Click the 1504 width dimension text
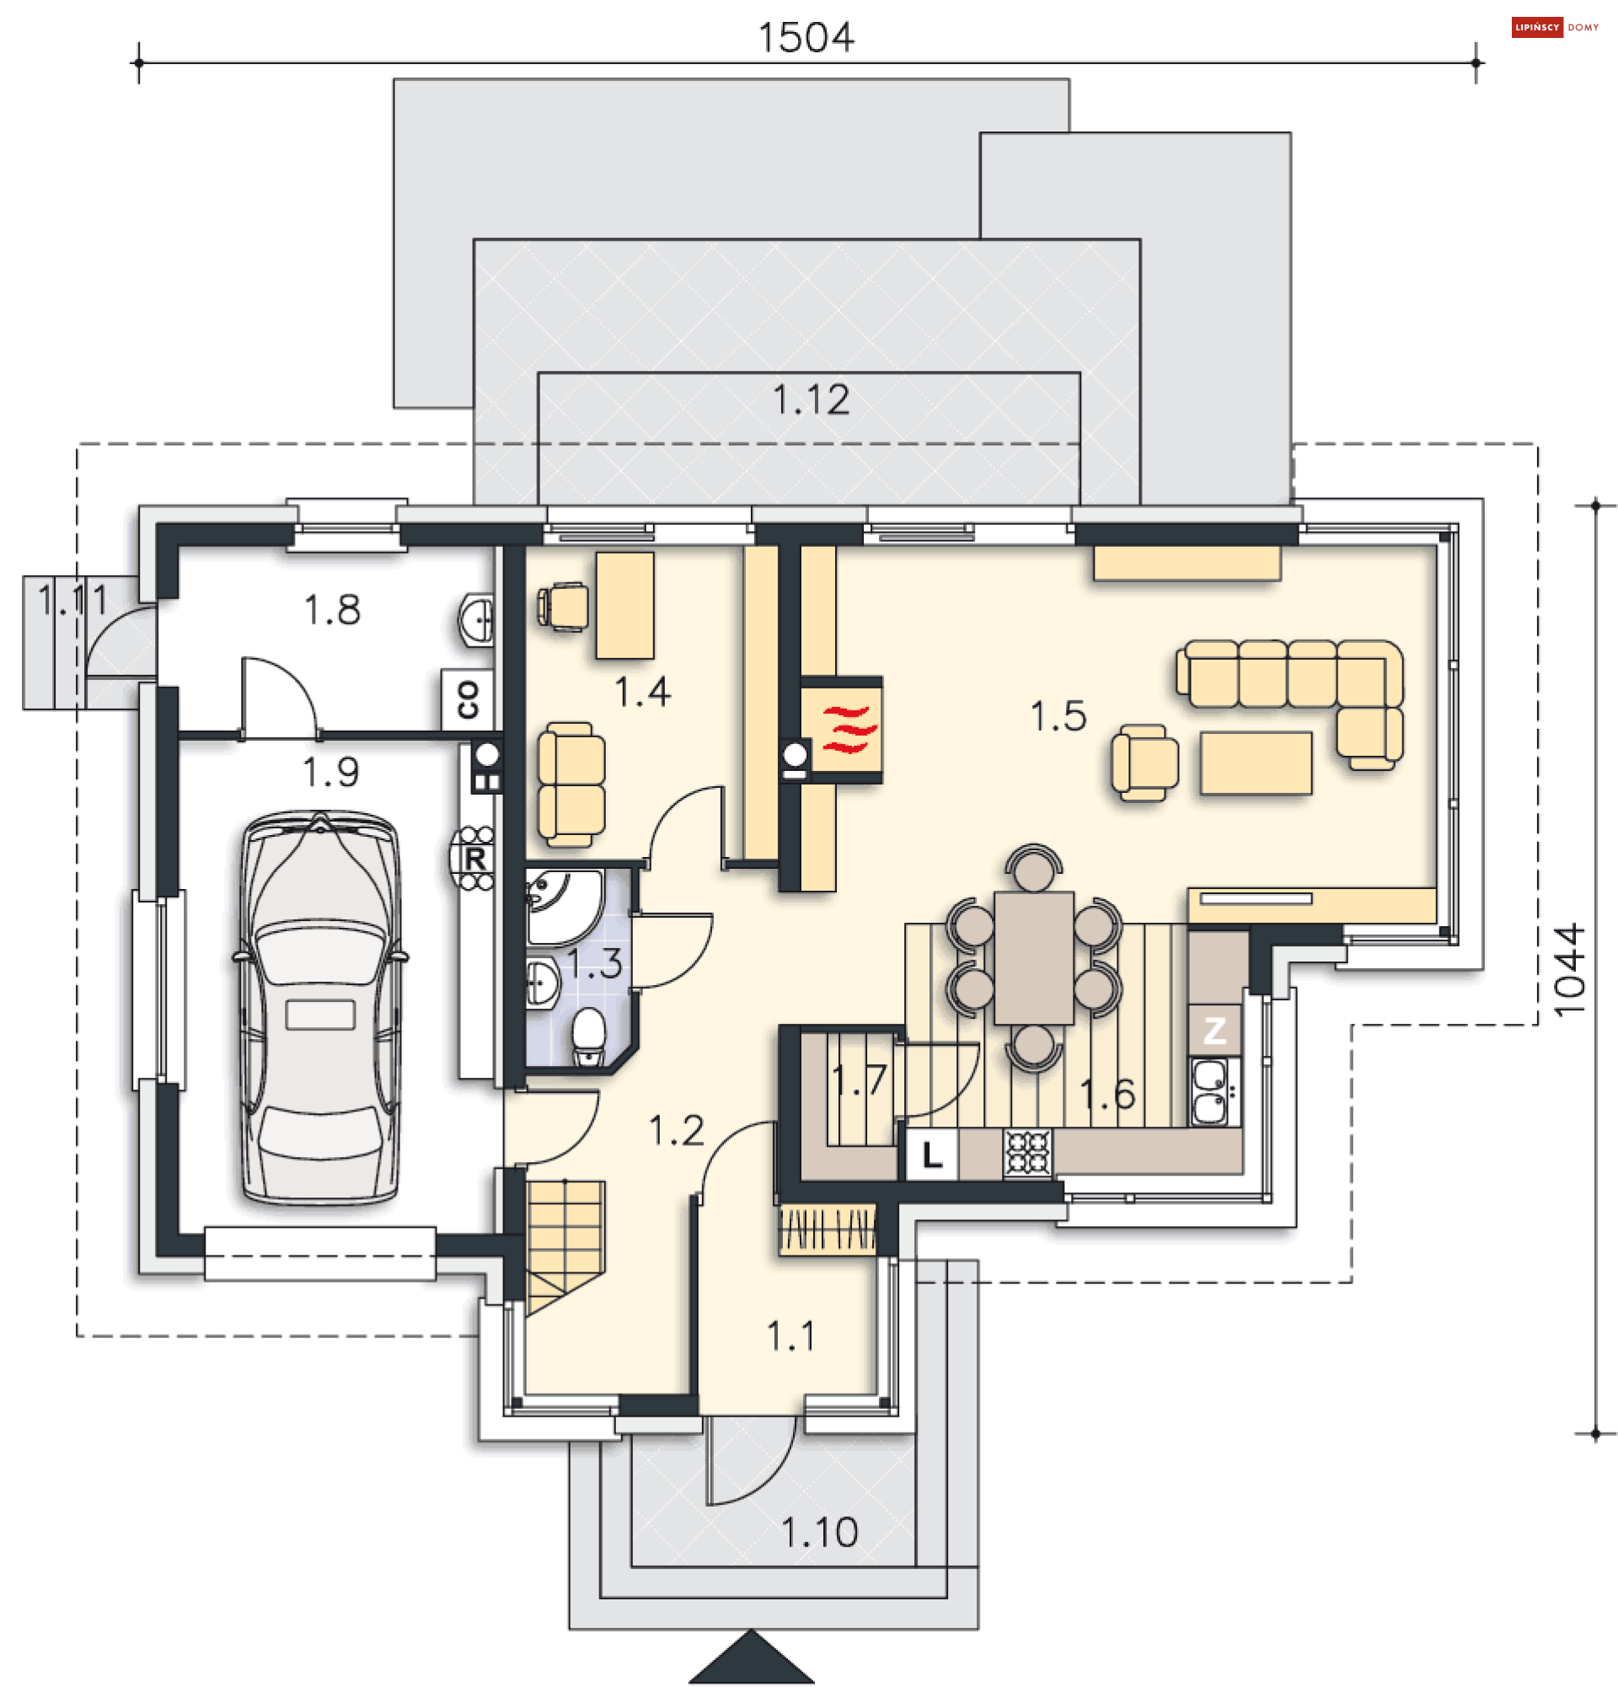click(x=806, y=37)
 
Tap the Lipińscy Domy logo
click(x=1554, y=28)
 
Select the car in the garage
click(x=320, y=1006)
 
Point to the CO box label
click(x=468, y=699)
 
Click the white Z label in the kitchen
click(x=1214, y=1030)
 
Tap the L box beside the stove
click(x=932, y=1154)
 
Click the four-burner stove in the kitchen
click(x=1027, y=1153)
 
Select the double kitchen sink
click(x=1214, y=1091)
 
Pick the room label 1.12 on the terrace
click(x=811, y=399)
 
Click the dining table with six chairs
click(x=1034, y=957)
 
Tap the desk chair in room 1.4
click(x=564, y=606)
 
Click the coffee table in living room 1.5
click(x=1256, y=763)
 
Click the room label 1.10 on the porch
click(x=819, y=1533)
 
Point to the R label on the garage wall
click(x=475, y=858)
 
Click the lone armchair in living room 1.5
click(x=1144, y=763)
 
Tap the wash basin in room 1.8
click(x=477, y=618)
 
